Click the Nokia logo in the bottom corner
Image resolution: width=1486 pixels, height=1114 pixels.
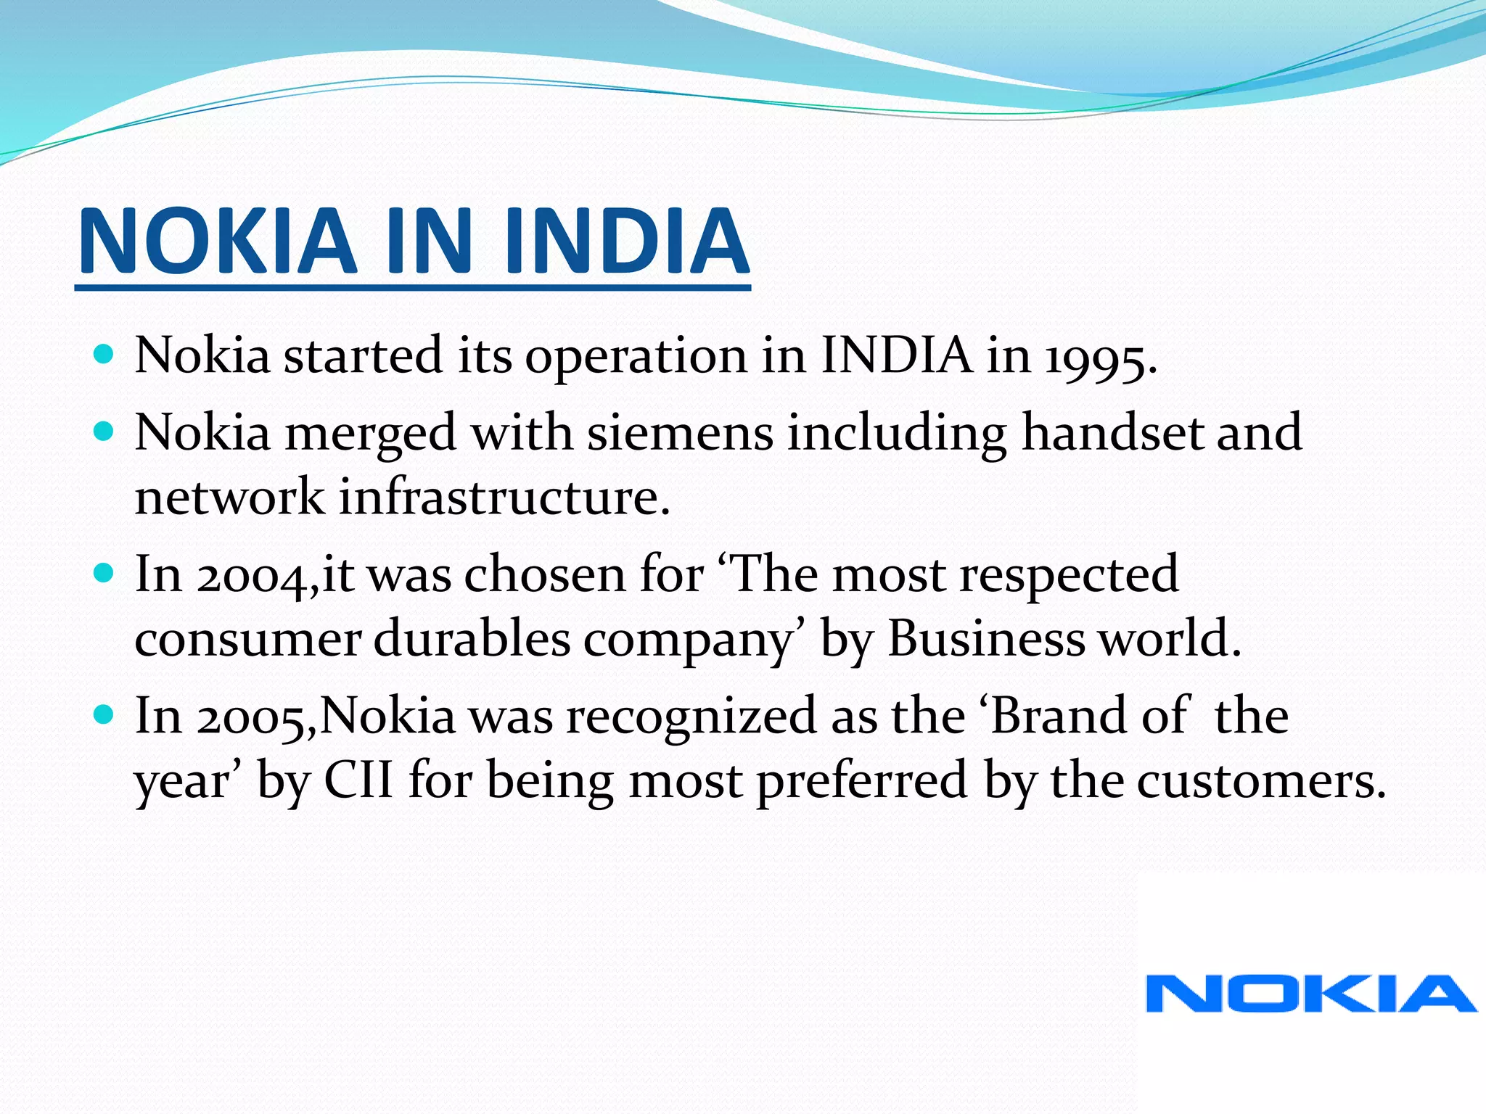click(1310, 994)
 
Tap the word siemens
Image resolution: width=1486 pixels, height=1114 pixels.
click(680, 433)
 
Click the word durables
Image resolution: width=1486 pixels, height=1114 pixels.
click(472, 640)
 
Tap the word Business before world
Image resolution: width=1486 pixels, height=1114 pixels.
click(985, 640)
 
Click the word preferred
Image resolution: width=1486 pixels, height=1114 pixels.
click(861, 782)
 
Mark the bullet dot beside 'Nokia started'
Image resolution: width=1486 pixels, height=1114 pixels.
click(104, 355)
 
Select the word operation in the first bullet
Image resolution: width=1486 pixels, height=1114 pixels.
click(635, 358)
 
